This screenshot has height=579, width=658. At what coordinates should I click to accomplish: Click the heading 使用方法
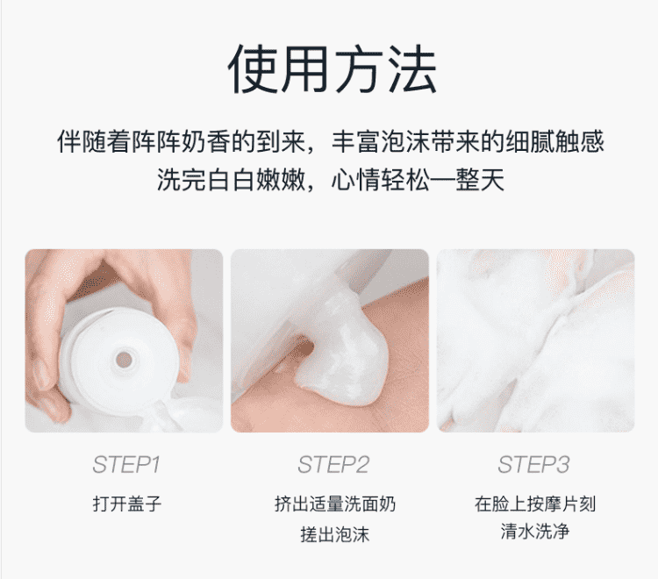click(x=332, y=68)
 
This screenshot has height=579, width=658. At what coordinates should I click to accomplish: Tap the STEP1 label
click(x=126, y=465)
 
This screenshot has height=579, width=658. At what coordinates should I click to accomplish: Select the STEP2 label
click(x=333, y=465)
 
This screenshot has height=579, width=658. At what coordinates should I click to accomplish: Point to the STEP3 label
click(x=533, y=465)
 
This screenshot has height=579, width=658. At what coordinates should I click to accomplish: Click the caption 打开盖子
click(x=126, y=504)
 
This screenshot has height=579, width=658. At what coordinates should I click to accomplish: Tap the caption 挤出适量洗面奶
click(x=335, y=504)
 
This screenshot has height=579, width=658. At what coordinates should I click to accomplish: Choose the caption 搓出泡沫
click(x=335, y=534)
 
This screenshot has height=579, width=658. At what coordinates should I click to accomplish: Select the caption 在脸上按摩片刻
click(x=535, y=504)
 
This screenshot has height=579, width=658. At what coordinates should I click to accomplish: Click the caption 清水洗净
click(x=535, y=531)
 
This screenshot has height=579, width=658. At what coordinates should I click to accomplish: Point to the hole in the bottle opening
click(x=124, y=360)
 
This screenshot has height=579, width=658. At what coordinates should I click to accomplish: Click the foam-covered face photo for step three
click(x=535, y=340)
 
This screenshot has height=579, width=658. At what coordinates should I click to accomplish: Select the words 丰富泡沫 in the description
click(x=381, y=141)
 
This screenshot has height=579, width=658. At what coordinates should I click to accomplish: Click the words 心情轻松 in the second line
click(x=381, y=180)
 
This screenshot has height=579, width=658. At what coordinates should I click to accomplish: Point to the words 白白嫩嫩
click(x=256, y=180)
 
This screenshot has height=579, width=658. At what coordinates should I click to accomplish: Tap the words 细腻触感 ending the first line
click(x=554, y=141)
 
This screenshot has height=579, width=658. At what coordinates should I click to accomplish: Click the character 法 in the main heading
click(x=412, y=68)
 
